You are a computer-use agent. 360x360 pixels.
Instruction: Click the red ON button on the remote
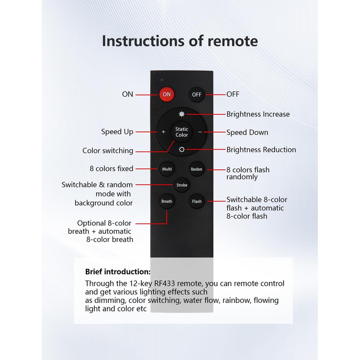click(x=166, y=95)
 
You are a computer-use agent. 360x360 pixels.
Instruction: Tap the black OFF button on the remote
click(x=196, y=95)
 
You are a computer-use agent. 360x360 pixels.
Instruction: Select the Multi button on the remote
click(x=167, y=169)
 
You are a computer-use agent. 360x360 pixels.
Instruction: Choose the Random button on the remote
click(x=196, y=169)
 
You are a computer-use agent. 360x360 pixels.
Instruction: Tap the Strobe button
click(x=182, y=185)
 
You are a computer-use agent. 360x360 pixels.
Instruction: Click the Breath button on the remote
click(x=167, y=201)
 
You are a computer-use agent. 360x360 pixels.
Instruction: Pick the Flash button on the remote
click(x=196, y=201)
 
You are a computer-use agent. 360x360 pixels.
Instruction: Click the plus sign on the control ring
click(x=163, y=132)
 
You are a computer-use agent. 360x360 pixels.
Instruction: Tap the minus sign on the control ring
click(x=200, y=132)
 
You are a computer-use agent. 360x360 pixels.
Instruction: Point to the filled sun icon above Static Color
click(x=182, y=114)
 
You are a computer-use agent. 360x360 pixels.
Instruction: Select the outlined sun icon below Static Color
click(x=182, y=150)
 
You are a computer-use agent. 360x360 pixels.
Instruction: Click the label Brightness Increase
click(x=258, y=114)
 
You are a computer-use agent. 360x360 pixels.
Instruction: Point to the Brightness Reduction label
click(x=261, y=150)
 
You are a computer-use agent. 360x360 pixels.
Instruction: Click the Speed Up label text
click(x=117, y=132)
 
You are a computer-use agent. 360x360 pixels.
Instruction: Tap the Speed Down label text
click(x=247, y=132)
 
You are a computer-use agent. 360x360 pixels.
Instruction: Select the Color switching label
click(x=108, y=151)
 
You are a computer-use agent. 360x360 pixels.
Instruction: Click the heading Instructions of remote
click(x=179, y=41)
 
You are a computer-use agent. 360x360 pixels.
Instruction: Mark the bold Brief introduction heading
click(x=118, y=272)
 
